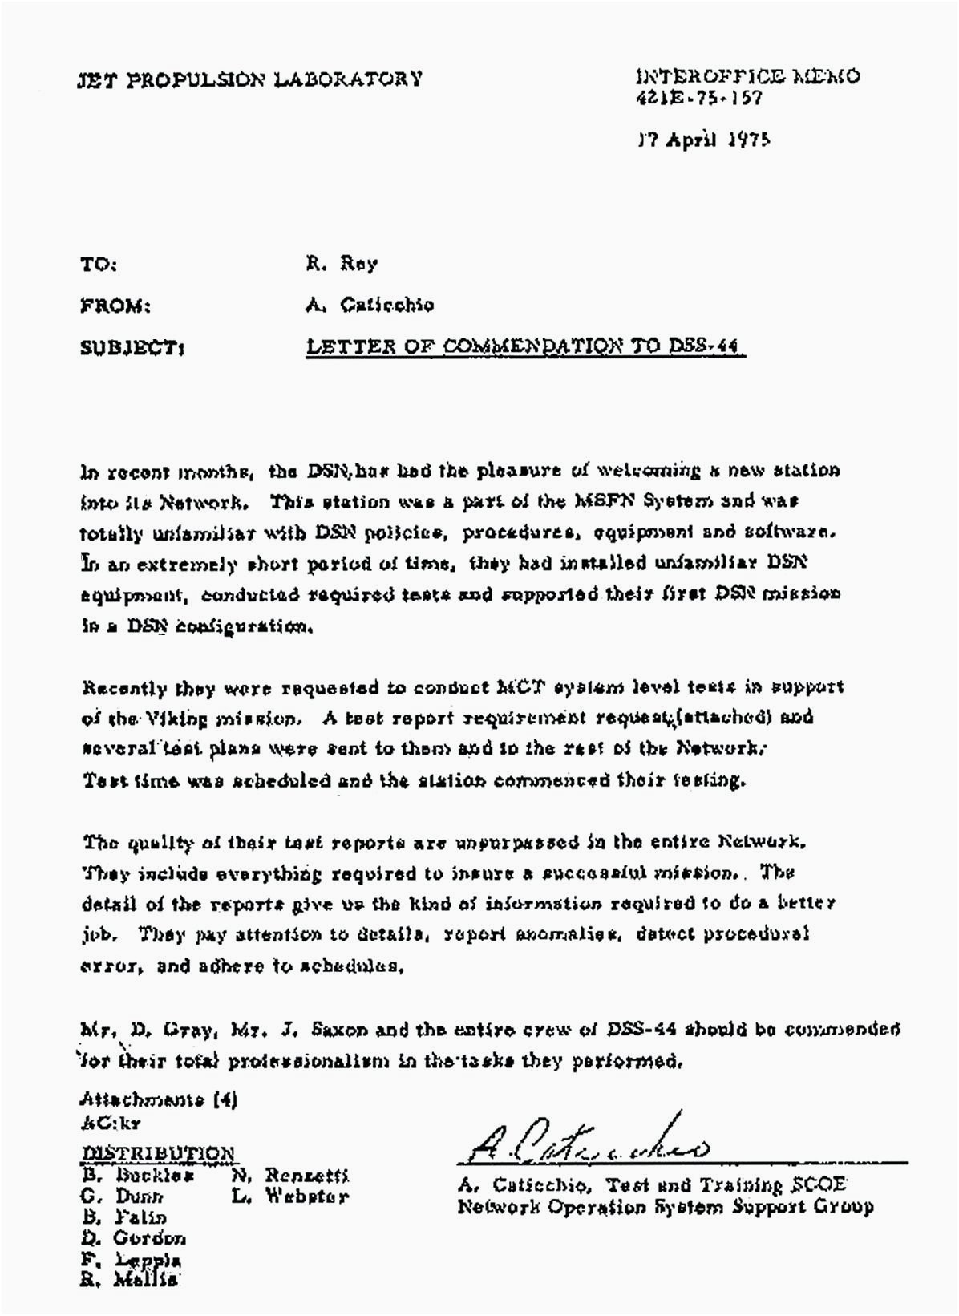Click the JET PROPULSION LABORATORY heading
(249, 79)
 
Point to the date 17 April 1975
(703, 140)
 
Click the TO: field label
(99, 264)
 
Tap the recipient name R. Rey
(341, 263)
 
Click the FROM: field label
(115, 306)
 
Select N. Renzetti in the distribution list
(289, 1176)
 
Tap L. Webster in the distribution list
(289, 1197)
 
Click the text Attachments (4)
(159, 1100)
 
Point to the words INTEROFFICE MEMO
(747, 77)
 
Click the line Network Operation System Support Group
(665, 1206)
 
